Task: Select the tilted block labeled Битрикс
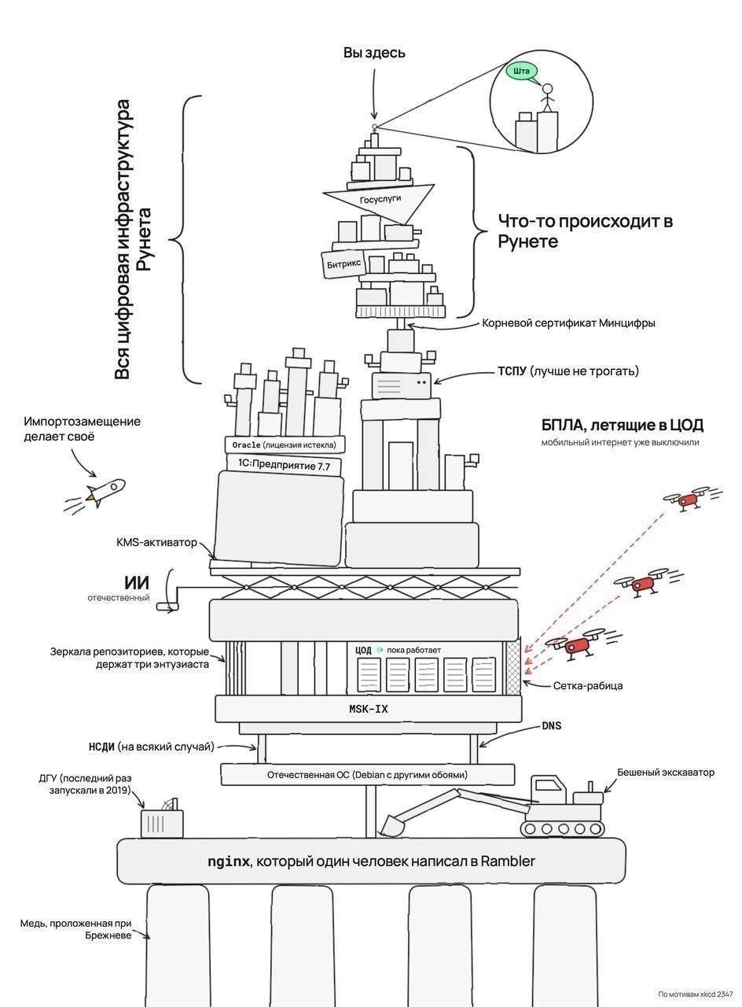[x=344, y=265]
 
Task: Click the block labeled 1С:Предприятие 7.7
[x=285, y=465]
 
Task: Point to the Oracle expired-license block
[x=285, y=444]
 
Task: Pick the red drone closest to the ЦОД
[x=577, y=646]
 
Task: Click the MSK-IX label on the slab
[x=369, y=709]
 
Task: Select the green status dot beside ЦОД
[x=379, y=650]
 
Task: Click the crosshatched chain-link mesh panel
[x=513, y=666]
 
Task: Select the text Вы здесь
[x=374, y=53]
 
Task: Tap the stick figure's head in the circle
[x=548, y=88]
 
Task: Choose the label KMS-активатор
[x=156, y=543]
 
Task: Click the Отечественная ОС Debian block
[x=367, y=775]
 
